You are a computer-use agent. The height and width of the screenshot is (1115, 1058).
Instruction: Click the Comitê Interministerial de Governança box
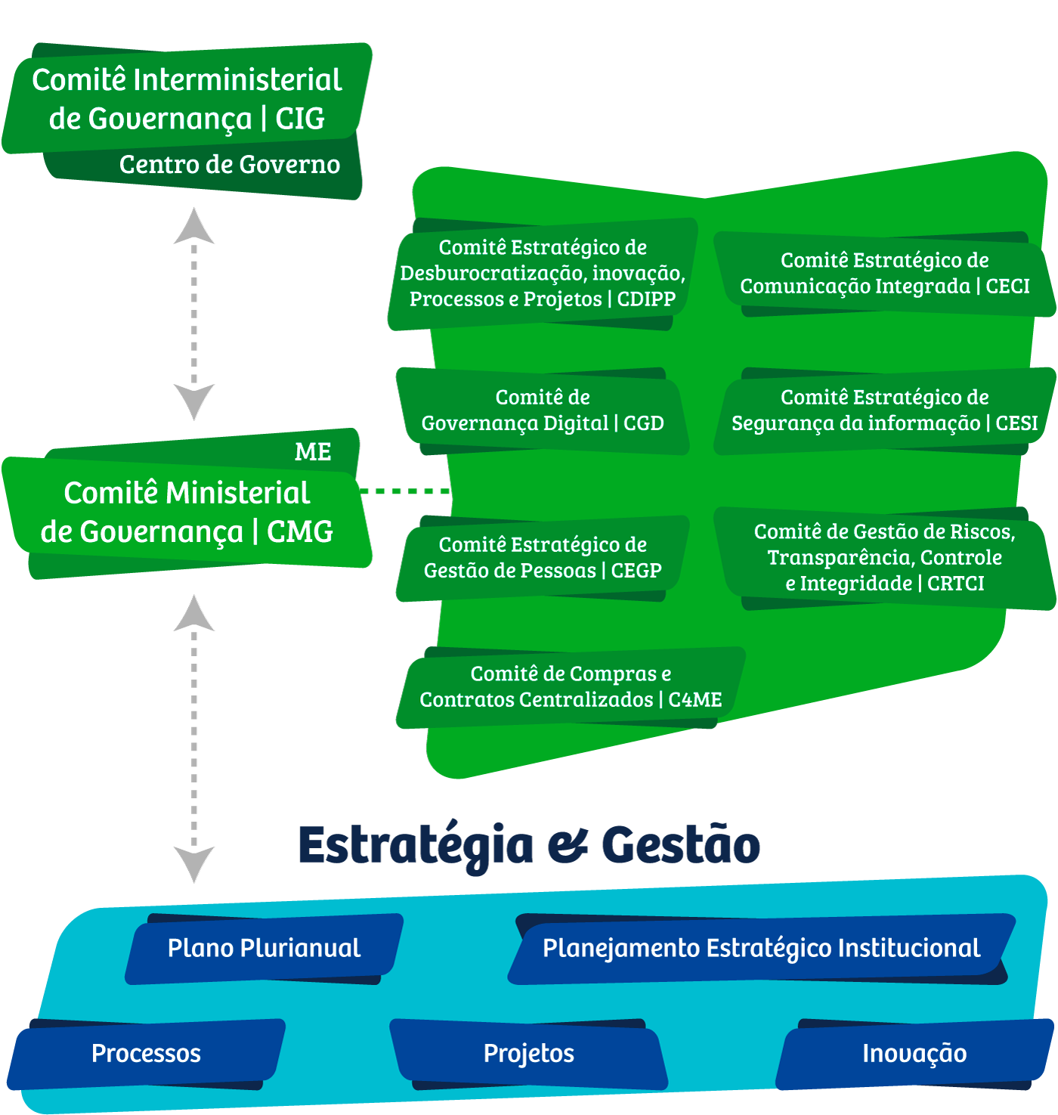[x=187, y=99]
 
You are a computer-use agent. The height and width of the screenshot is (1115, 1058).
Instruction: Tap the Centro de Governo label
[x=229, y=165]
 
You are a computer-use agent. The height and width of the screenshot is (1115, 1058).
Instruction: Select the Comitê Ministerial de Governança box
[x=187, y=513]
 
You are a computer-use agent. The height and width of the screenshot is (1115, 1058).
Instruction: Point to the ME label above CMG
[x=313, y=452]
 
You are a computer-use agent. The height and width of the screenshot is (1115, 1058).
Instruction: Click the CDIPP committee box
[x=542, y=274]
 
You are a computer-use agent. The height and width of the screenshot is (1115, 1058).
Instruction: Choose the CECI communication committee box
[x=884, y=274]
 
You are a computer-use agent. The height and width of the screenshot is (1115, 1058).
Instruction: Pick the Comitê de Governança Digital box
[x=542, y=410]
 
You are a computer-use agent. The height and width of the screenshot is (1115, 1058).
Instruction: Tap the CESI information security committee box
[x=884, y=410]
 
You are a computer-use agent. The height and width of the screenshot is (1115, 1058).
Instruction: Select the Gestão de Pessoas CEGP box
[x=542, y=558]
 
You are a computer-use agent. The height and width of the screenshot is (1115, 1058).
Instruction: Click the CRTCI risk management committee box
[x=884, y=558]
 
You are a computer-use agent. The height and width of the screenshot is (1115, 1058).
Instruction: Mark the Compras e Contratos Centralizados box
[x=571, y=687]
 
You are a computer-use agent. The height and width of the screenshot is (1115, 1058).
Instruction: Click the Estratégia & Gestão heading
[x=529, y=845]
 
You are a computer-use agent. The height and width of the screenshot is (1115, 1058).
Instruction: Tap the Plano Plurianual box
[x=264, y=949]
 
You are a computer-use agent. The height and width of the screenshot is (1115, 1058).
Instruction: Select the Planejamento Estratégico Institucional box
[x=761, y=949]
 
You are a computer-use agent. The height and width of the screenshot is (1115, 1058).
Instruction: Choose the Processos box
[x=146, y=1054]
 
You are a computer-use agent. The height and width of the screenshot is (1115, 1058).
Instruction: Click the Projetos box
[x=529, y=1054]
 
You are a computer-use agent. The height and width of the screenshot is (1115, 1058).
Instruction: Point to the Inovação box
[x=914, y=1054]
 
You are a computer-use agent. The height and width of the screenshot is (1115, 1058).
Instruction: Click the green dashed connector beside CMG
[x=405, y=491]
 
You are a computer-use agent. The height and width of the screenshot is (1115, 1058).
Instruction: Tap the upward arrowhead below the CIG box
[x=194, y=227]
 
